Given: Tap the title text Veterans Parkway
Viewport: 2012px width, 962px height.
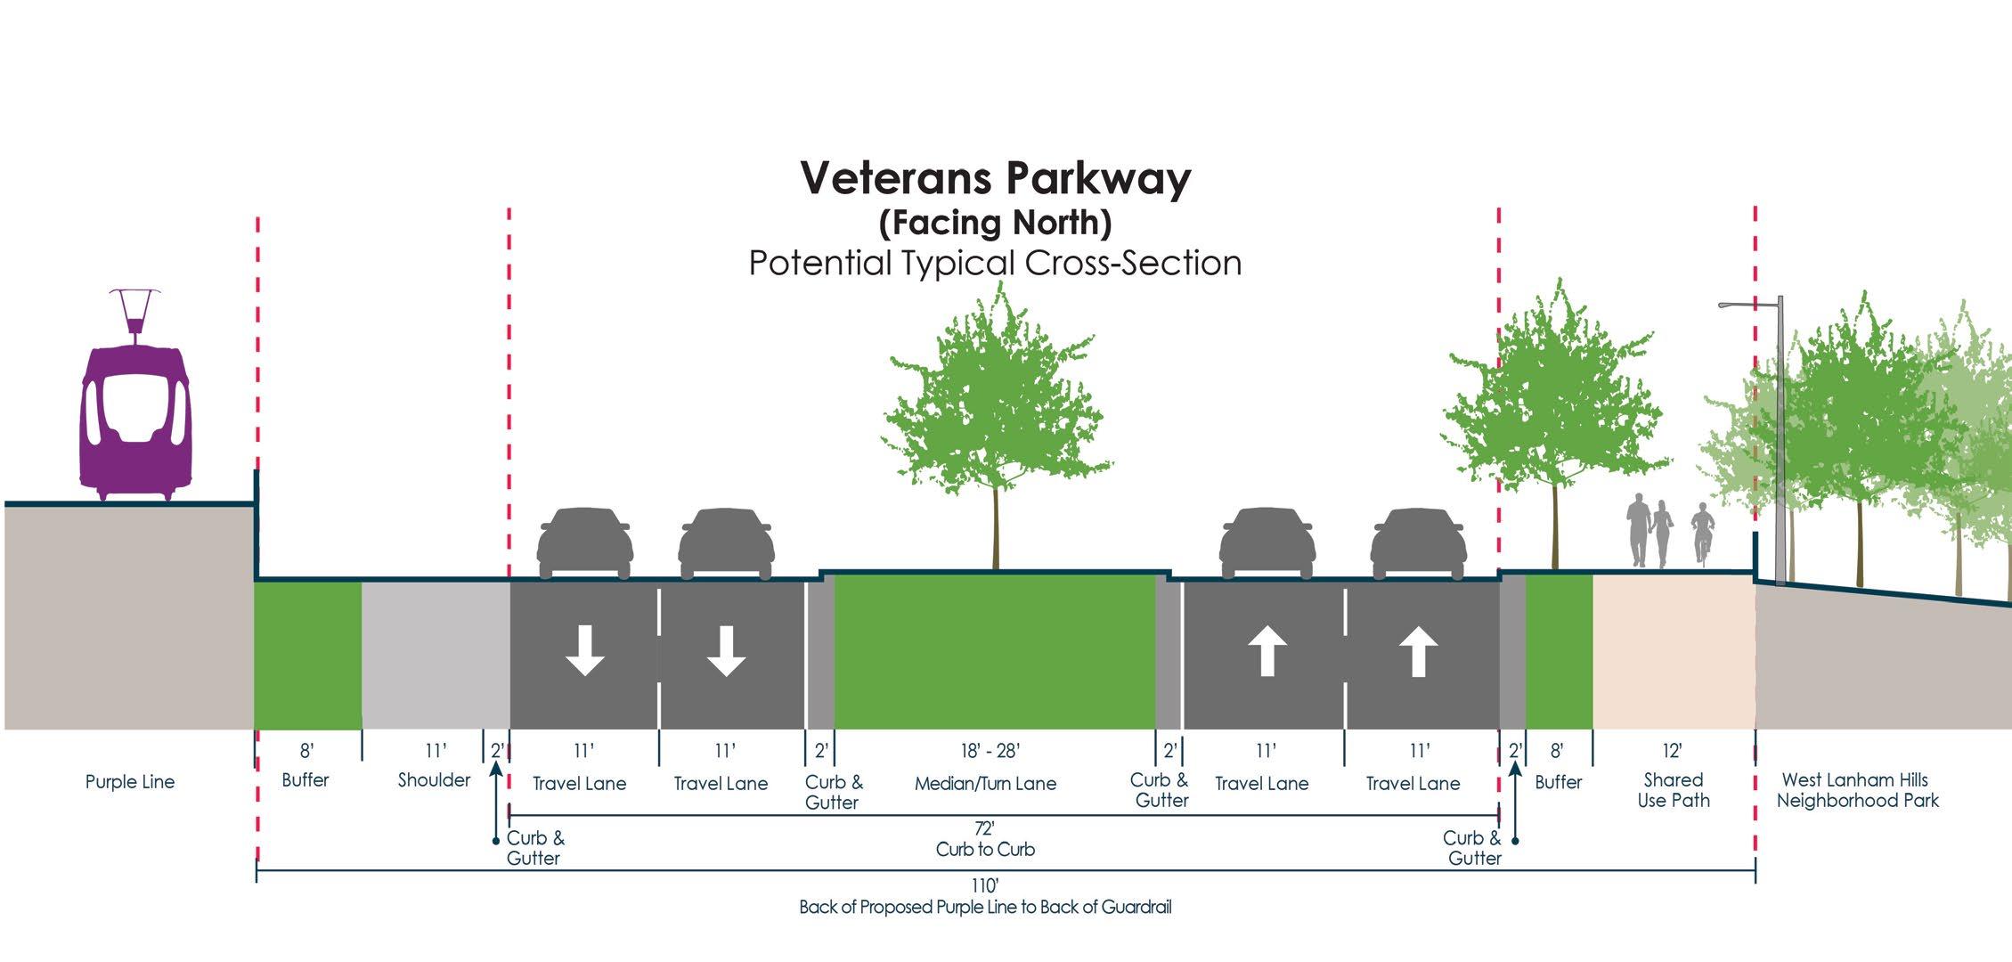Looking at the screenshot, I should click(995, 178).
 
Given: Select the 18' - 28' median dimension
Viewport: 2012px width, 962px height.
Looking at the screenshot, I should click(989, 751).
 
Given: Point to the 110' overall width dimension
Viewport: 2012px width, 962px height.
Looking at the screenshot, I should click(985, 885).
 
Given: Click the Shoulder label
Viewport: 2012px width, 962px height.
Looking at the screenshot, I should click(434, 780).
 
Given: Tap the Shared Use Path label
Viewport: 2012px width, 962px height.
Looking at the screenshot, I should click(1673, 790).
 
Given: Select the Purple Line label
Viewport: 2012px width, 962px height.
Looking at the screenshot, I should click(130, 782).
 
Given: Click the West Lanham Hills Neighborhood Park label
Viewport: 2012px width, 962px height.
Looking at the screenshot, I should click(1857, 790).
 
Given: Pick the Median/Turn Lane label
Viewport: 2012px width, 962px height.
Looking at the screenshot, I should click(985, 784).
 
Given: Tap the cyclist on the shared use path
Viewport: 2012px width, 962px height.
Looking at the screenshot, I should click(1702, 532).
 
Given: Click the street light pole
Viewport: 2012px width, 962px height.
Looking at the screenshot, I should click(1779, 445).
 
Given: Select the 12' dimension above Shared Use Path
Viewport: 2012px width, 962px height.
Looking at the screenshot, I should click(1671, 751).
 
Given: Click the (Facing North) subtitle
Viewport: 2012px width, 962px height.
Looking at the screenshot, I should click(995, 223).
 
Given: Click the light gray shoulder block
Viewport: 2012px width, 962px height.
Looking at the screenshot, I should click(436, 655).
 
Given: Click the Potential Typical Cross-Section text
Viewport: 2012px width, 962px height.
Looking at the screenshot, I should click(995, 264).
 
